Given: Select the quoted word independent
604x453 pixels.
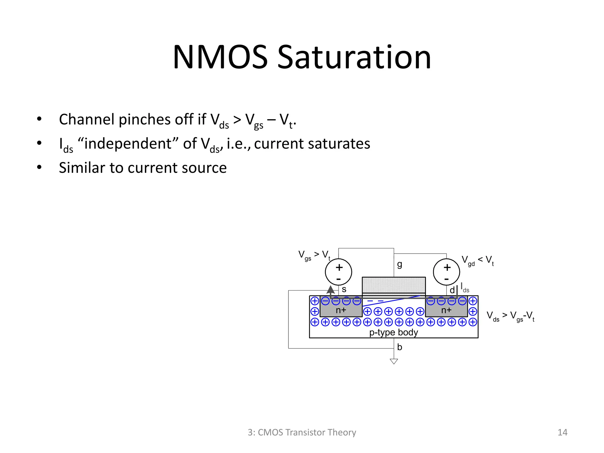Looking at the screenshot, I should [128, 144].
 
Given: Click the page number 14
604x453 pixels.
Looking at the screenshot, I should [562, 432].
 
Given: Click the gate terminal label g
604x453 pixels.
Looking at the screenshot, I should [400, 264].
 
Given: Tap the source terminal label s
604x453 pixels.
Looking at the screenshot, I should [344, 289].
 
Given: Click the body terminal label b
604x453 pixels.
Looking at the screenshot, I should [400, 347].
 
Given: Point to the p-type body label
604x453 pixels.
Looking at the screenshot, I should [394, 332].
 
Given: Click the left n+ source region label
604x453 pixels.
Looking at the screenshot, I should [341, 310].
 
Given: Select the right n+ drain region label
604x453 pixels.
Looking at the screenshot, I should [446, 310].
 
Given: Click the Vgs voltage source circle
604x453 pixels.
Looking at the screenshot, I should [339, 272].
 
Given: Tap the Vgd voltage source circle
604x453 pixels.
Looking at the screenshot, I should [447, 272].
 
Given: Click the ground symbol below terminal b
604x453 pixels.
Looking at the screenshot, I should [394, 361].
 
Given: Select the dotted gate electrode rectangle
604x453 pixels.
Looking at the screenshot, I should [394, 285].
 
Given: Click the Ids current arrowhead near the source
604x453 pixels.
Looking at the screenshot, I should [331, 290].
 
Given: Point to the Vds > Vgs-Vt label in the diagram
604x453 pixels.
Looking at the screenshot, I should [510, 316].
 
